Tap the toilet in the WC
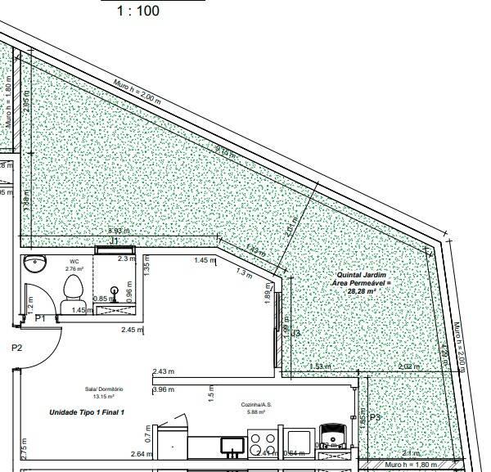pyautogui.click(x=73, y=289)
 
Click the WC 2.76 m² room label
pyautogui.click(x=74, y=265)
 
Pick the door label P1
pyautogui.click(x=40, y=317)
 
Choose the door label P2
pyautogui.click(x=16, y=348)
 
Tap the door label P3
pyautogui.click(x=375, y=417)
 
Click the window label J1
pyautogui.click(x=115, y=242)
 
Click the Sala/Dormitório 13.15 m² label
pyautogui.click(x=103, y=393)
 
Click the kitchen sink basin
pyautogui.click(x=232, y=446)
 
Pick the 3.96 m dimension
pyautogui.click(x=164, y=390)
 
